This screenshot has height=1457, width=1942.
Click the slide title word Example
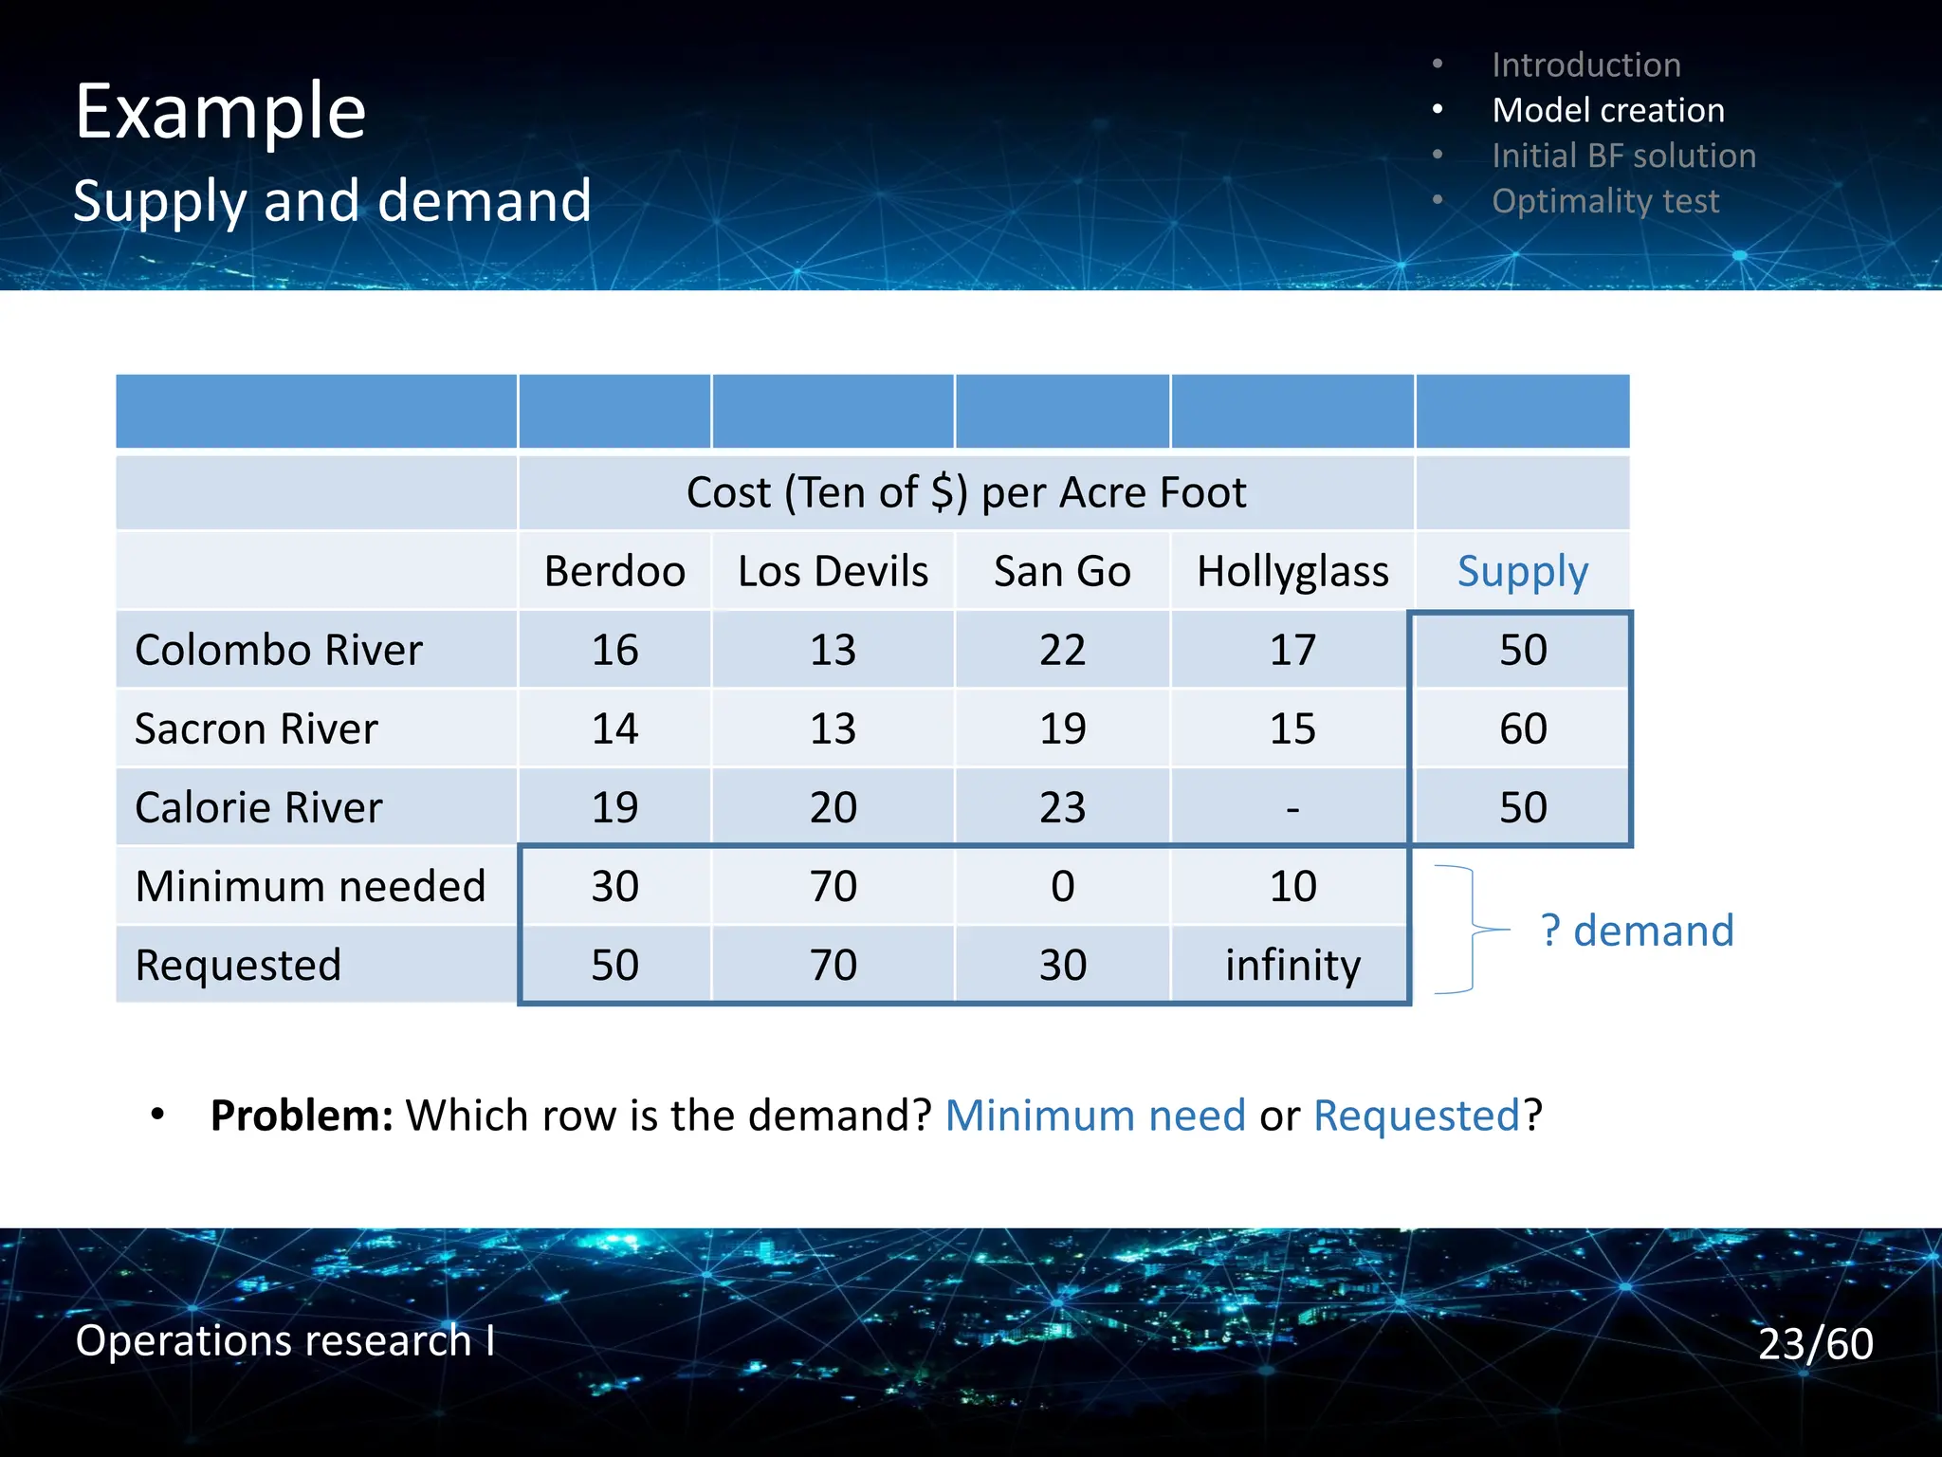[x=220, y=112]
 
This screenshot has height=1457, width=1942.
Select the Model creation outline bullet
[x=1607, y=110]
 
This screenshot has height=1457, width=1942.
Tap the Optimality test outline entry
[x=1604, y=201]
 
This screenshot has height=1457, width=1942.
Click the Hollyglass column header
[x=1292, y=571]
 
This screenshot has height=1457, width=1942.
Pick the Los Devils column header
[x=833, y=571]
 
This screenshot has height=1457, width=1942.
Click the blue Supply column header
[x=1522, y=571]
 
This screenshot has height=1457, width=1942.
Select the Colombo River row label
[x=278, y=650]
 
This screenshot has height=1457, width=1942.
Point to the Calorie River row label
[x=258, y=807]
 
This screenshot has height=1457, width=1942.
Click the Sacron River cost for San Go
[x=1062, y=728]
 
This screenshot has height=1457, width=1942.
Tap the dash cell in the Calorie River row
[x=1292, y=808]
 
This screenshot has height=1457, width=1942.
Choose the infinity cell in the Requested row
[x=1292, y=965]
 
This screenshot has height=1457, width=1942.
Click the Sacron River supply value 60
[x=1522, y=728]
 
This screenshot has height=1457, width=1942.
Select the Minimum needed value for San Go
[x=1062, y=886]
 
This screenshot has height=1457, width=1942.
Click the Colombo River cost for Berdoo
[x=614, y=650]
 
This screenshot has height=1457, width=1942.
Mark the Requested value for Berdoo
[x=614, y=965]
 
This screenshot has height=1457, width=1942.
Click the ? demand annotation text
[x=1637, y=930]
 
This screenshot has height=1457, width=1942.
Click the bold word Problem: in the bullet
[x=302, y=1115]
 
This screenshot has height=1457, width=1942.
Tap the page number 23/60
[x=1815, y=1343]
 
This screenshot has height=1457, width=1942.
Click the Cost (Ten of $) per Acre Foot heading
[x=965, y=492]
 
